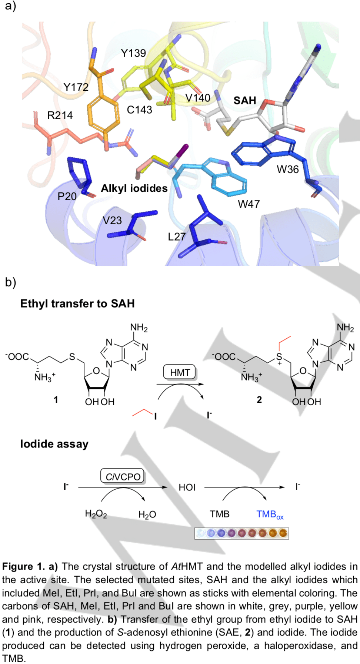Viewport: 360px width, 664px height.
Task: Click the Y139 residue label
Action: coord(133,53)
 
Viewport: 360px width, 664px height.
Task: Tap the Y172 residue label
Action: coord(76,87)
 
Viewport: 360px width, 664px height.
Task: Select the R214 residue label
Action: coord(60,115)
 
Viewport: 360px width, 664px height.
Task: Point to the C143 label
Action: coord(139,110)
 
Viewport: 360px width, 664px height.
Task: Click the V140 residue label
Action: coord(198,98)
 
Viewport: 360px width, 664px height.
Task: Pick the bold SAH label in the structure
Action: coord(245,101)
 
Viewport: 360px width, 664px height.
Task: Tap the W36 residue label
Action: coord(288,170)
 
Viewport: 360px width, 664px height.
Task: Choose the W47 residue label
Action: coord(249,204)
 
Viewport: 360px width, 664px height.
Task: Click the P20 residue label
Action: coord(67,196)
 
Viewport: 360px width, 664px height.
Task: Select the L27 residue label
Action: coord(177,237)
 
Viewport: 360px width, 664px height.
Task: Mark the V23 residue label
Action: coord(112,221)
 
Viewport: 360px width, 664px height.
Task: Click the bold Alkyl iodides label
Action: coord(134,188)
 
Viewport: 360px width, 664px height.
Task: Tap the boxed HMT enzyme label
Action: coord(180,373)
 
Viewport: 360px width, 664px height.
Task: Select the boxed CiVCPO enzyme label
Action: coord(123,476)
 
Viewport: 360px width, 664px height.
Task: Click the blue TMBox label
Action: coord(270,514)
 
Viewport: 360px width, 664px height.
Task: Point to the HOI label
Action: coord(187,487)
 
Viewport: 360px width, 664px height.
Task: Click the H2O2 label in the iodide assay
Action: coord(96,514)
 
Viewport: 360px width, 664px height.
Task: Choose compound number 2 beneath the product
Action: coord(259,400)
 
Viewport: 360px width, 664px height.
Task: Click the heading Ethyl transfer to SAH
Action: coord(77,304)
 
